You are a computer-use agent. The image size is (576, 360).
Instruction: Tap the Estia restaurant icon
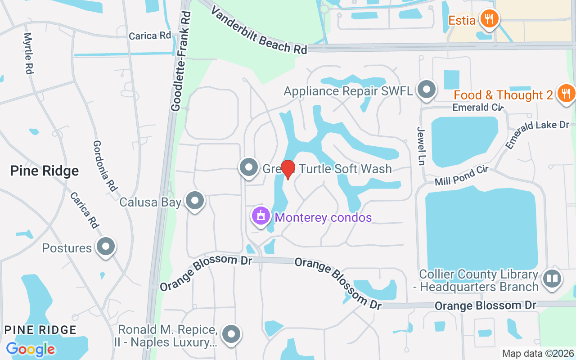coord(488,19)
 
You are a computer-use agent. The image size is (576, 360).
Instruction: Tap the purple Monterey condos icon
coord(261,216)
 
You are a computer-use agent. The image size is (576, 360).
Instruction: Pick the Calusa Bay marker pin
coord(195,201)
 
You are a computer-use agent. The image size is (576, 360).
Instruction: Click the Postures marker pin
coord(106,247)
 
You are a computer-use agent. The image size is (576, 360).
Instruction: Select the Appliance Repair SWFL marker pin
coord(426,90)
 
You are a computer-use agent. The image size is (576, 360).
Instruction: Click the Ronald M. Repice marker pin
coord(232,334)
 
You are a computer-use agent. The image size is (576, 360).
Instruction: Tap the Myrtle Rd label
coord(29,53)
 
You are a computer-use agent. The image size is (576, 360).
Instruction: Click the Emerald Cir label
coord(477,107)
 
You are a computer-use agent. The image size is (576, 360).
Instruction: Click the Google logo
coord(30,349)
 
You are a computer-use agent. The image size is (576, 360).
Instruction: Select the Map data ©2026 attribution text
coord(538,354)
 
